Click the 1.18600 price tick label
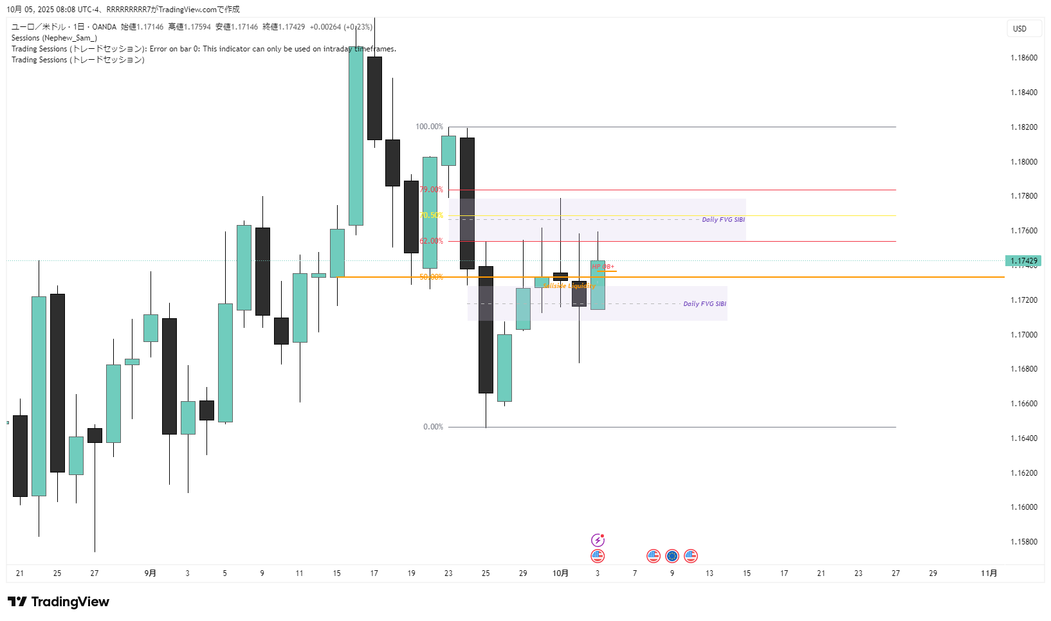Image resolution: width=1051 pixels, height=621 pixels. [x=1023, y=58]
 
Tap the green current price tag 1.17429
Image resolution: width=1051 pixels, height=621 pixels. [x=1023, y=261]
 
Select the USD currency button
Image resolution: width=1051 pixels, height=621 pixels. [x=1019, y=28]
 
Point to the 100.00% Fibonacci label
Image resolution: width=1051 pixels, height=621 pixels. [x=429, y=127]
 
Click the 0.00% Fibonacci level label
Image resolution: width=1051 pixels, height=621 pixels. [x=433, y=427]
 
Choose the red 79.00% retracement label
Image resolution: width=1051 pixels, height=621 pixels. [x=431, y=190]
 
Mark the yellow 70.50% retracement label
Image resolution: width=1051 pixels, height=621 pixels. [x=431, y=215]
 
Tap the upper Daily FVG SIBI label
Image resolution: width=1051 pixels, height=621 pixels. [x=723, y=220]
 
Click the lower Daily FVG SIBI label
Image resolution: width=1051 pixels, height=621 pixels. [x=704, y=304]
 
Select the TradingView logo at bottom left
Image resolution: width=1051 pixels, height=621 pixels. [x=59, y=602]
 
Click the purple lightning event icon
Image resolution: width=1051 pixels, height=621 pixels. [x=598, y=540]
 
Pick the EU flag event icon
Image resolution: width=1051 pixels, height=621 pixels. [x=672, y=556]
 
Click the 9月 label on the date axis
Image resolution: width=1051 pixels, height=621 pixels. [x=150, y=573]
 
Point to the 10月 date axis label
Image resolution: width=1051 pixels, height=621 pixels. [x=560, y=573]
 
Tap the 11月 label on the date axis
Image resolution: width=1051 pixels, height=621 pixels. [x=989, y=573]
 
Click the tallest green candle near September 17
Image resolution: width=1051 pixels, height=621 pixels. [x=356, y=136]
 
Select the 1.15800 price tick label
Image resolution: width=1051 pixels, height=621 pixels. [x=1023, y=542]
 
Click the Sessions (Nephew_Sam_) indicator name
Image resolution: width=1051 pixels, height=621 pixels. [x=54, y=38]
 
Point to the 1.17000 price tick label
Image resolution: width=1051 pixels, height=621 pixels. [x=1023, y=335]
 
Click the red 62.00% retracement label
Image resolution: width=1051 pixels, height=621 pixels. [x=431, y=241]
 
